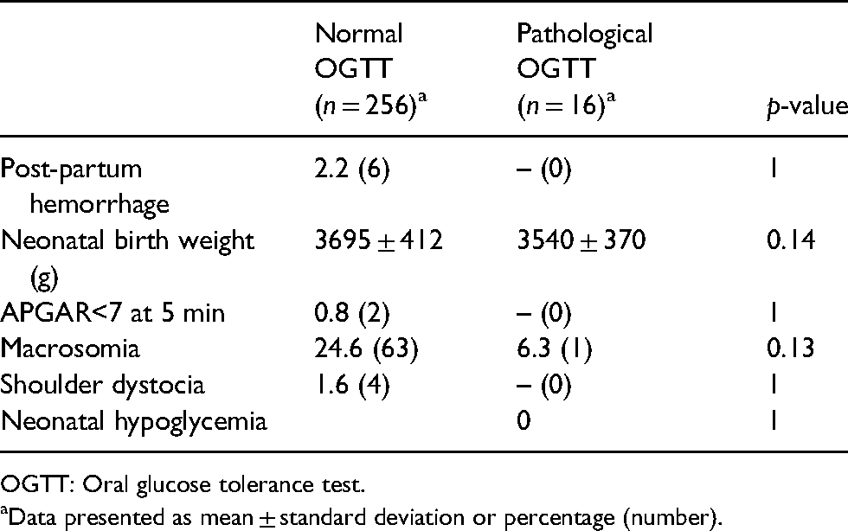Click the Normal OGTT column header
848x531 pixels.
(371, 69)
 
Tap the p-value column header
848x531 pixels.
(806, 106)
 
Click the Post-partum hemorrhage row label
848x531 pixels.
(85, 187)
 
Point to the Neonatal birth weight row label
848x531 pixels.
(127, 259)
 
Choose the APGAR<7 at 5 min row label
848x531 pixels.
(112, 313)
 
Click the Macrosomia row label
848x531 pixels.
(70, 349)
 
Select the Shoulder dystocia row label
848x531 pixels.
(102, 385)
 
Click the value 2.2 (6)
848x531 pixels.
(352, 170)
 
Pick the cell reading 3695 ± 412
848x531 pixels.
(379, 240)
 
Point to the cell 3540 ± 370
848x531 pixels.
(581, 240)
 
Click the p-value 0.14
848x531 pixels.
(791, 240)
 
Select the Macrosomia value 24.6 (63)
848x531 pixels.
(366, 349)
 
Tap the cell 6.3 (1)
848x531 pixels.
(555, 349)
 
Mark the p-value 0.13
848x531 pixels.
(790, 349)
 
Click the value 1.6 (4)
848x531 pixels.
(352, 386)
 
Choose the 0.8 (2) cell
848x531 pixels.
(352, 314)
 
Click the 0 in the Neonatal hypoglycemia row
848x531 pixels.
(524, 420)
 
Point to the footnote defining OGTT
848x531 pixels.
(183, 484)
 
